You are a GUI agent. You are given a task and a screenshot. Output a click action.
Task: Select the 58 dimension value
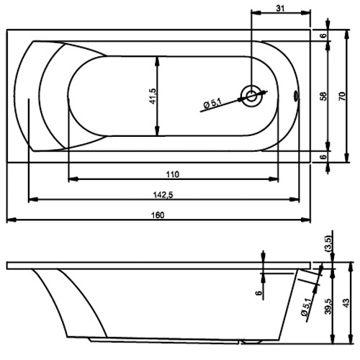[x=323, y=94]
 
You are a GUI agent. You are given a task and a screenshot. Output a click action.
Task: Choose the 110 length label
[x=172, y=174]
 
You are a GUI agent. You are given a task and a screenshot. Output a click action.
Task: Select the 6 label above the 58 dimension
[x=323, y=34]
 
